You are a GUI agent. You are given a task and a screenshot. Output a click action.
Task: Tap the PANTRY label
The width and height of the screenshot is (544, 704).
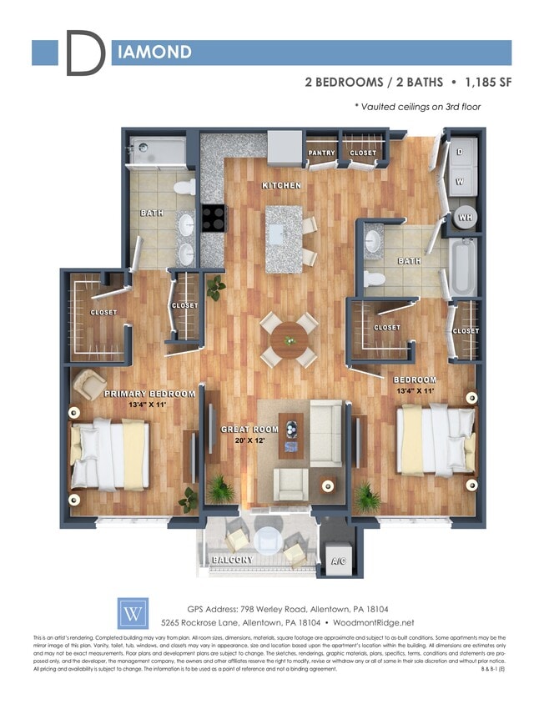[x=321, y=153]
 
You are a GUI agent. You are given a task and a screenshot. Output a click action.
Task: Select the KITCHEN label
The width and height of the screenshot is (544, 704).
[x=281, y=185]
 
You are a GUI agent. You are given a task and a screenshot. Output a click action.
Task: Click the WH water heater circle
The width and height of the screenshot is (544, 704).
[x=463, y=218]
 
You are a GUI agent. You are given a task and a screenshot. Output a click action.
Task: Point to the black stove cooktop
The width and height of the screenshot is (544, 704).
[x=213, y=218]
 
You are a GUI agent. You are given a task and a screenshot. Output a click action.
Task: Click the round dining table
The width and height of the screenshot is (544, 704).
[x=289, y=339]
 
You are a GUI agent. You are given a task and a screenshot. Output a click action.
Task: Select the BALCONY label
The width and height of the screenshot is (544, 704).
[x=232, y=559]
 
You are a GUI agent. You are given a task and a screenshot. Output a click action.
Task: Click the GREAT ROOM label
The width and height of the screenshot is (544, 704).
[x=248, y=429]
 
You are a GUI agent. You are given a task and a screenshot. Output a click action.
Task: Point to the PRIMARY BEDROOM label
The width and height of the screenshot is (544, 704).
[x=149, y=394]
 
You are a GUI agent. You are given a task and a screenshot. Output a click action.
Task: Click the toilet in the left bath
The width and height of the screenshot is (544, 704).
[x=187, y=187]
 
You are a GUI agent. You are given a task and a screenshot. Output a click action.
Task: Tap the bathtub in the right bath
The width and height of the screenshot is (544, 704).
[x=462, y=267]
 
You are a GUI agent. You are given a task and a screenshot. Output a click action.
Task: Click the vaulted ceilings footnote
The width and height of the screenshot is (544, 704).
[x=417, y=107]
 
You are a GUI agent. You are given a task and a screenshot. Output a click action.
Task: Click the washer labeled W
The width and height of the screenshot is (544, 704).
[x=460, y=181]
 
